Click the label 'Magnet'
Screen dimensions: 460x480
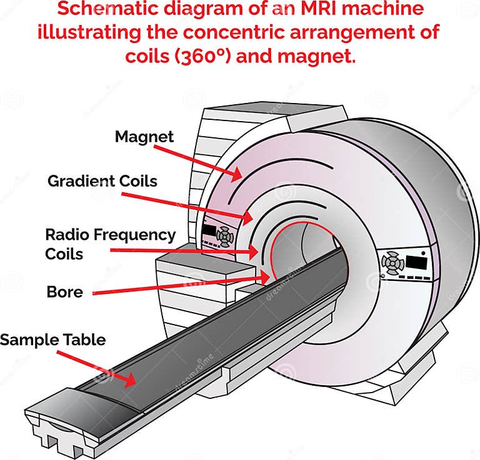(144, 136)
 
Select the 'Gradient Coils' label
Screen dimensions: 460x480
(102, 182)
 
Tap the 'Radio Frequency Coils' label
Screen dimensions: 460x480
(110, 243)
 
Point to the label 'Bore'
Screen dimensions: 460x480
(64, 291)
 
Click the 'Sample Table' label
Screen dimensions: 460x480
(52, 340)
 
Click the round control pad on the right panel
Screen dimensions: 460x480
(392, 263)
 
